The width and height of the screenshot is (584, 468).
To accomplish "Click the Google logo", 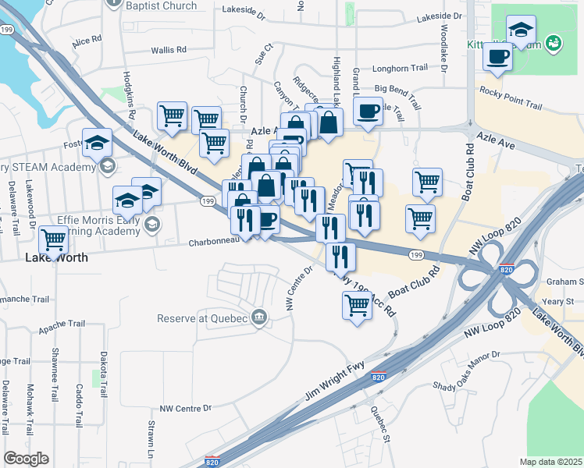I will [x=27, y=459].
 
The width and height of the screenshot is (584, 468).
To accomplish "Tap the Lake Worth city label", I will [x=56, y=257].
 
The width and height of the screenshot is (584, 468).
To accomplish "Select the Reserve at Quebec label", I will [x=202, y=318].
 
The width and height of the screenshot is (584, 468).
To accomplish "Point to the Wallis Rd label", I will [x=169, y=49].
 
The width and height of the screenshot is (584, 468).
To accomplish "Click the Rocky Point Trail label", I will [x=511, y=105].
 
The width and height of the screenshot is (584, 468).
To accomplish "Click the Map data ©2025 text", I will [x=550, y=461].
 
